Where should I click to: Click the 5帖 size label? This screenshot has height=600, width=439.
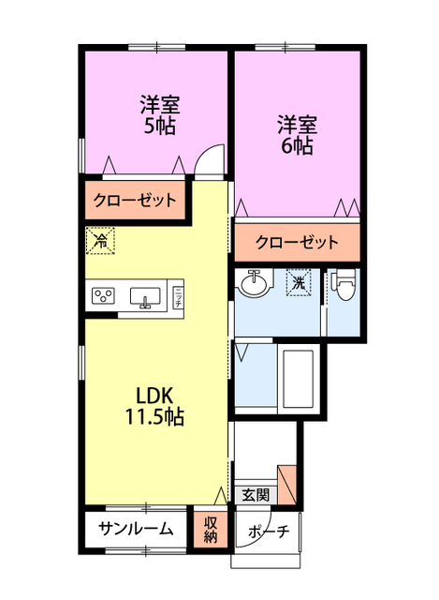click(161, 125)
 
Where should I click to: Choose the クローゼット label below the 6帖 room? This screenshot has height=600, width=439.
click(297, 242)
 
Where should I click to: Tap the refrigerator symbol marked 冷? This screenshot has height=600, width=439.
click(100, 240)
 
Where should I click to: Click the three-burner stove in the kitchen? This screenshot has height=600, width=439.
click(102, 297)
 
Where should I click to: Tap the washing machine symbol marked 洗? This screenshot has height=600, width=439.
click(299, 281)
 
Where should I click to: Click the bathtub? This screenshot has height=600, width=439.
click(299, 380)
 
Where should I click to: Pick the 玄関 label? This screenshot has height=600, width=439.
click(255, 494)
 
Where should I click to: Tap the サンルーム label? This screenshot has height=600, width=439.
click(136, 529)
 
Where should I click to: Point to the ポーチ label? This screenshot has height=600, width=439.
click(270, 532)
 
